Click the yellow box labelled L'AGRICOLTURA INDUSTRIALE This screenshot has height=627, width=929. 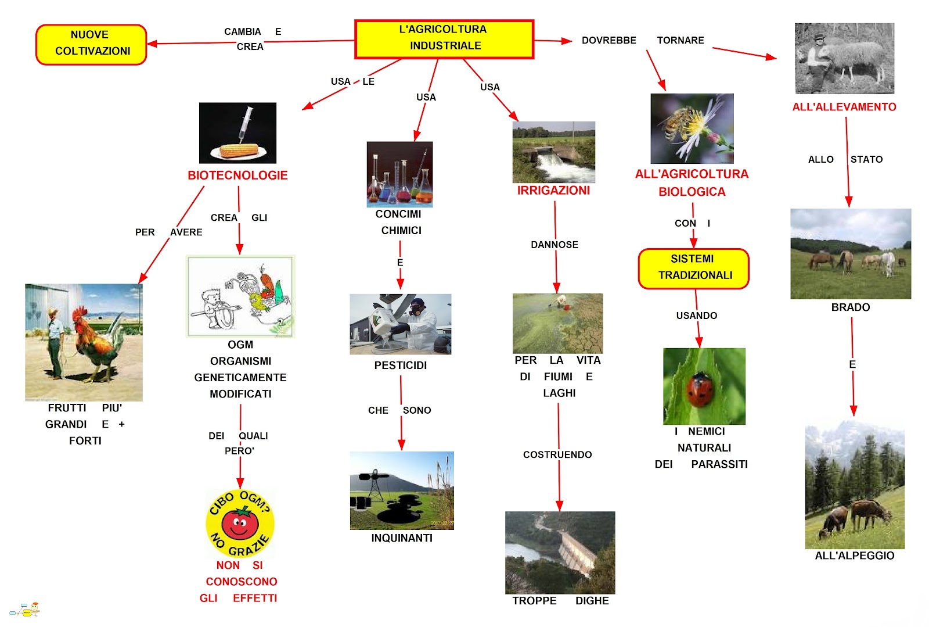(444, 39)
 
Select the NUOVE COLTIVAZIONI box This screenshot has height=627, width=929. (91, 44)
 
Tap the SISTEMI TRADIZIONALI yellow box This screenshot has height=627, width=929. (693, 268)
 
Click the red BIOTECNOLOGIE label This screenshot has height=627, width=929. (237, 175)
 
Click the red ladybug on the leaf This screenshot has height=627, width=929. (700, 389)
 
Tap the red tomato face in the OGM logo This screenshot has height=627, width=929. (240, 523)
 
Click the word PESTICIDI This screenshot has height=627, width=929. (400, 366)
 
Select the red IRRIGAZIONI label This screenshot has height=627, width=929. (553, 191)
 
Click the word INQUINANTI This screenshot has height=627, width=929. (402, 538)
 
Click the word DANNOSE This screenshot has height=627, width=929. (554, 245)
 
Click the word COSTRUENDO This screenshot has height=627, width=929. (557, 454)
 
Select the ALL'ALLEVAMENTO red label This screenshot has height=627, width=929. (844, 107)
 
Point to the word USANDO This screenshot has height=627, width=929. (696, 316)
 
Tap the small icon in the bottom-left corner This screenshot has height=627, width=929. (25, 610)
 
